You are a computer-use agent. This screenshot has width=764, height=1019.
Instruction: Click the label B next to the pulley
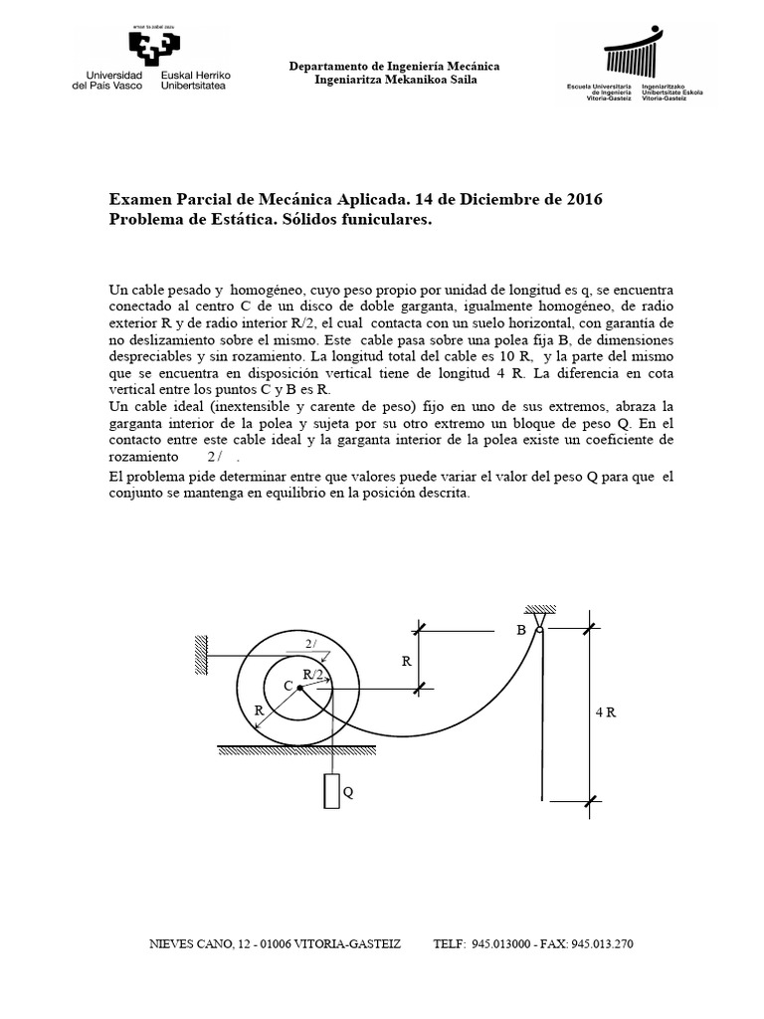[x=520, y=630]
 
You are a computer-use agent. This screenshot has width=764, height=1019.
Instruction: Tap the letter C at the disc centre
[x=287, y=686]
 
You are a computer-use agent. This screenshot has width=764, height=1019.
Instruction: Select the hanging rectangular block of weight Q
[x=331, y=792]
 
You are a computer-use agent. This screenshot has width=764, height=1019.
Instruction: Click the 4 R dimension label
[x=606, y=713]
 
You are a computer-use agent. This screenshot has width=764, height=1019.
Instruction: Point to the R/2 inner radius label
[x=312, y=675]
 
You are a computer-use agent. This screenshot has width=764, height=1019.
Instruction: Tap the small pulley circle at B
[x=538, y=629]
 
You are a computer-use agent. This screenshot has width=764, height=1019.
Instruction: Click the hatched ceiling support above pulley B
[x=537, y=609]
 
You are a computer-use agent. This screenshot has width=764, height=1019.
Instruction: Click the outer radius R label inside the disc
[x=259, y=711]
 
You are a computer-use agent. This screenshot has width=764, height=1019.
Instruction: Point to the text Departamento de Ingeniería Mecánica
[x=394, y=66]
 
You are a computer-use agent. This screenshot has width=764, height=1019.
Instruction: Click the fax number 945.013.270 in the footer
[x=602, y=943]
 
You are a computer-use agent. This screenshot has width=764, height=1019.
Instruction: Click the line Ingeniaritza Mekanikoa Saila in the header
[x=394, y=80]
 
